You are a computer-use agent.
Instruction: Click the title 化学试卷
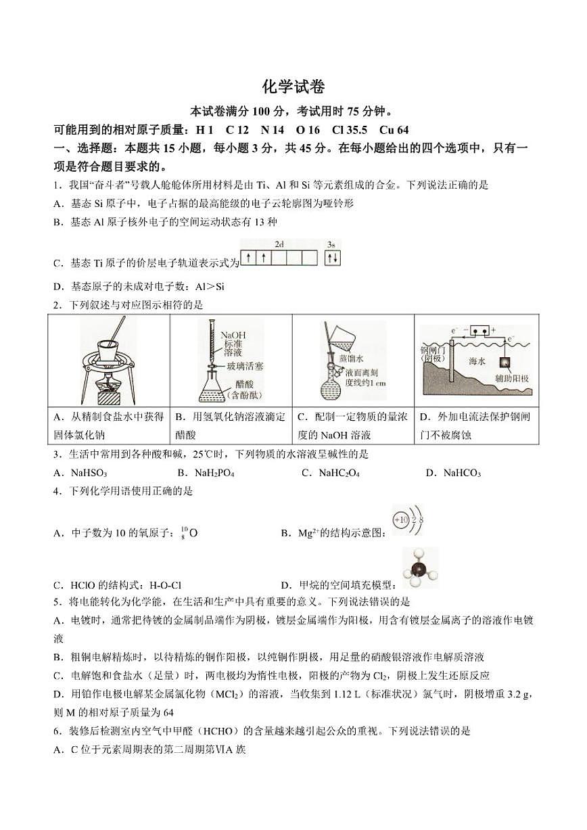click(293, 87)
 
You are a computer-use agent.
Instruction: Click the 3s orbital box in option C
click(332, 258)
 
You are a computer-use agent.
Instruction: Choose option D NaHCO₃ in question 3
click(453, 473)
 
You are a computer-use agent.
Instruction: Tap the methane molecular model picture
click(420, 568)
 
